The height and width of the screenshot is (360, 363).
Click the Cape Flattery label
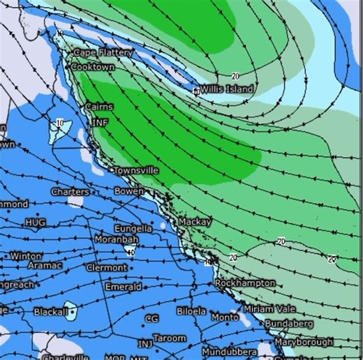(98, 52)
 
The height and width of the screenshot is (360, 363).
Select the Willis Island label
(228, 89)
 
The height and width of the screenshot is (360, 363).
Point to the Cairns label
(98, 107)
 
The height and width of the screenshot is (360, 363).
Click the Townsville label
(136, 170)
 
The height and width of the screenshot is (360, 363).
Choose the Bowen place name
(129, 190)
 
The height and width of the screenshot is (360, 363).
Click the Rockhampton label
(245, 283)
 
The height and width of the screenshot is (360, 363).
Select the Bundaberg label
(290, 324)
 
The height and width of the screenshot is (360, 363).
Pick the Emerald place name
(123, 287)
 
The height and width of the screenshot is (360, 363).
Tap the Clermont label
(107, 267)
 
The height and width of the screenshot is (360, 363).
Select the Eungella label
(133, 228)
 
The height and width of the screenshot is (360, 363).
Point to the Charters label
(70, 191)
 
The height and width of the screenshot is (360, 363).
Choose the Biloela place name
(191, 311)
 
